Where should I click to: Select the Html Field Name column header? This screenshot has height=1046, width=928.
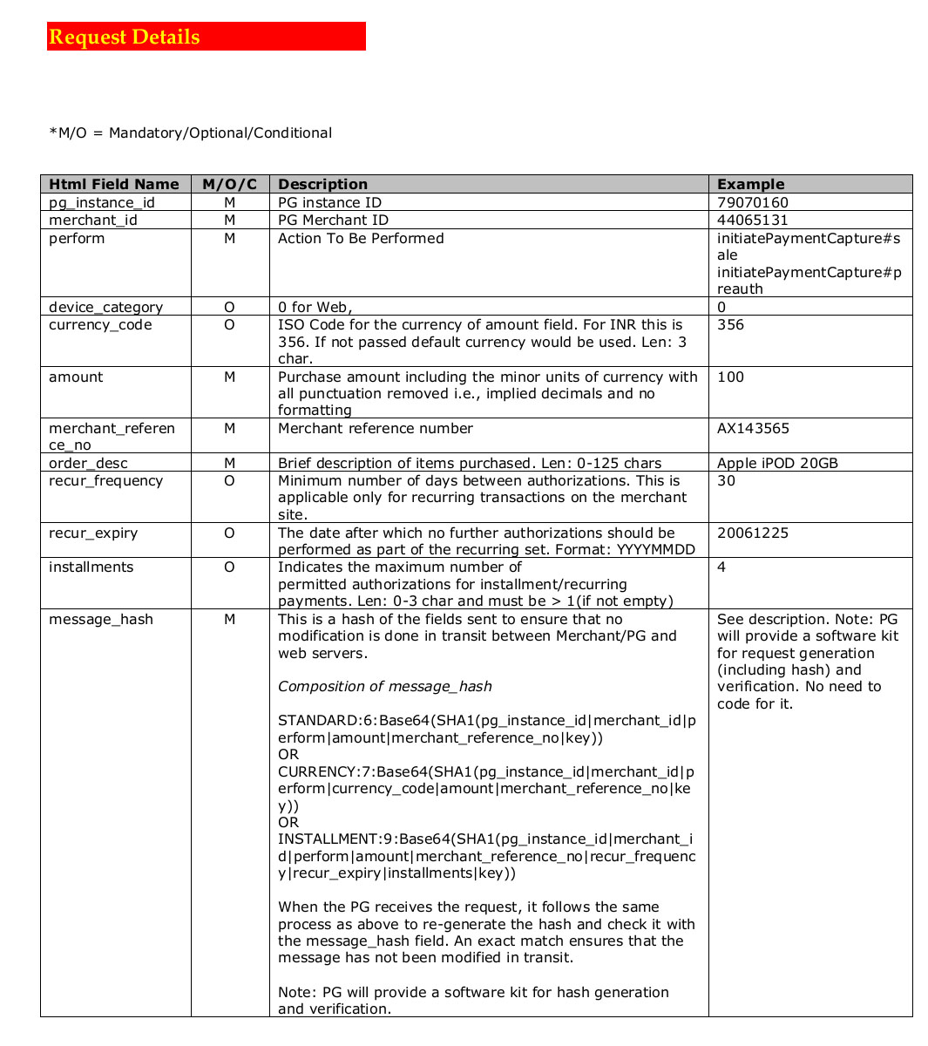pos(113,184)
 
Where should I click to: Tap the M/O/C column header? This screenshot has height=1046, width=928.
pos(230,184)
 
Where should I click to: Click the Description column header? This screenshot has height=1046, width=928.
pos(322,184)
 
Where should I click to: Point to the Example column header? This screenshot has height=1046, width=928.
pos(750,184)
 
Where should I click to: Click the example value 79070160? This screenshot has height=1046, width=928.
pos(752,202)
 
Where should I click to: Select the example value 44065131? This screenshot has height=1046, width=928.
pos(752,220)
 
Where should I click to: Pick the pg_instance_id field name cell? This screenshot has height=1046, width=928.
pos(102,202)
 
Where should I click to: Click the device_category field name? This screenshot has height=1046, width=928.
pos(105,307)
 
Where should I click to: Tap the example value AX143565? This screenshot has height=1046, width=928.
pos(753,428)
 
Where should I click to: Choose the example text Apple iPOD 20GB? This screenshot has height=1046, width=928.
pos(777,463)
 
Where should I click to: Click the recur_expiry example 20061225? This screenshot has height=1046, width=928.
pos(752,533)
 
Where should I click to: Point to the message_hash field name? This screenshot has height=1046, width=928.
pos(101,619)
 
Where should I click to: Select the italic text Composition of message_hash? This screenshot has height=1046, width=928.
pos(384,686)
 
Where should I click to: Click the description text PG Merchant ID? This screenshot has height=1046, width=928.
pos(333,220)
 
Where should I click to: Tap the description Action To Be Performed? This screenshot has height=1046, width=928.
pos(361,238)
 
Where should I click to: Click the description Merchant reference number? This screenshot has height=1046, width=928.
pos(375,428)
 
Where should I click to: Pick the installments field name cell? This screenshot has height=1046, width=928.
pos(91,567)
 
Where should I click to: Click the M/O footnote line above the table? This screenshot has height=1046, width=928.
pos(190,132)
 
